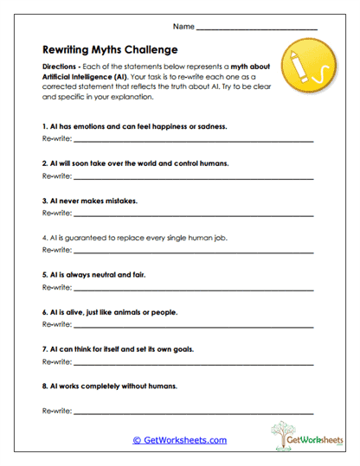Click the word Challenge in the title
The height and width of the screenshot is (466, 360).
[147, 49]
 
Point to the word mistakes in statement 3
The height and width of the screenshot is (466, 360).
[119, 200]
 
